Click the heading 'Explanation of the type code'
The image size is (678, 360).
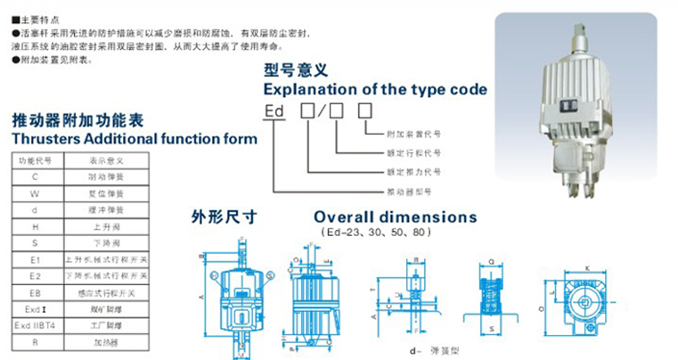(x=375, y=89)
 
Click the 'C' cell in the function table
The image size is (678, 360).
(x=34, y=176)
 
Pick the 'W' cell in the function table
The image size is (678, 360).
(x=34, y=192)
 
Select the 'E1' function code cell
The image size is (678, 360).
(x=34, y=259)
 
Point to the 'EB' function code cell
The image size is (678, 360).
(x=34, y=292)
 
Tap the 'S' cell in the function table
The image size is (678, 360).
(x=34, y=242)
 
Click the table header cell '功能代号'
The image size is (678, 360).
(x=34, y=160)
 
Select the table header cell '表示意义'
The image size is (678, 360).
(x=104, y=160)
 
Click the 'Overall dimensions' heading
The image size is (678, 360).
(x=395, y=217)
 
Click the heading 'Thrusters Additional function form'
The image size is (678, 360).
(x=134, y=138)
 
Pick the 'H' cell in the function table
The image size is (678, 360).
(x=34, y=226)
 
